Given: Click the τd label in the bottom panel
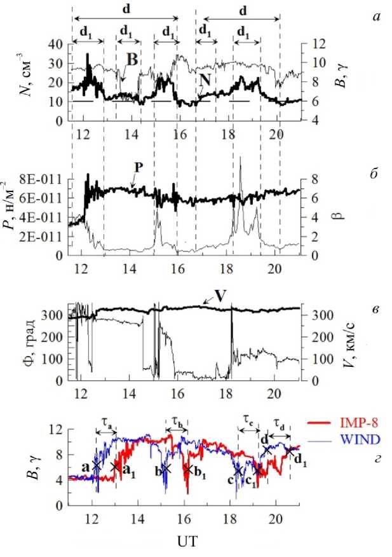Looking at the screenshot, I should pyautogui.click(x=278, y=420).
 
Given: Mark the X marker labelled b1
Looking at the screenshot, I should pyautogui.click(x=188, y=470).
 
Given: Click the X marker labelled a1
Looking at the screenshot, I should pyautogui.click(x=115, y=467).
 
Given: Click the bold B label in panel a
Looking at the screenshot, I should pyautogui.click(x=132, y=58).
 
